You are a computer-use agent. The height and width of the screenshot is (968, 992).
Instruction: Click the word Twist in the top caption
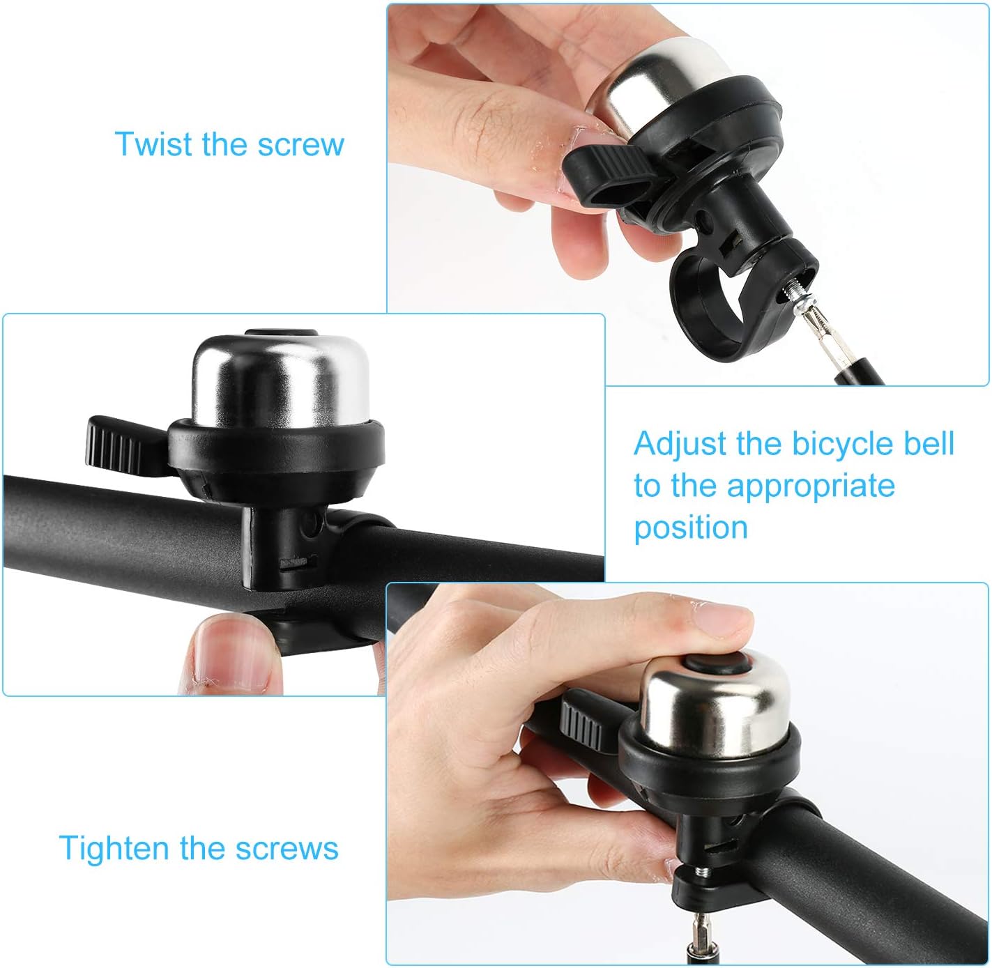click(x=154, y=144)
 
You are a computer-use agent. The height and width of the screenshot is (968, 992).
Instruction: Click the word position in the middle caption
click(x=690, y=528)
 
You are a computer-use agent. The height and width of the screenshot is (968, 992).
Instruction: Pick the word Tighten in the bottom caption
click(x=114, y=848)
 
